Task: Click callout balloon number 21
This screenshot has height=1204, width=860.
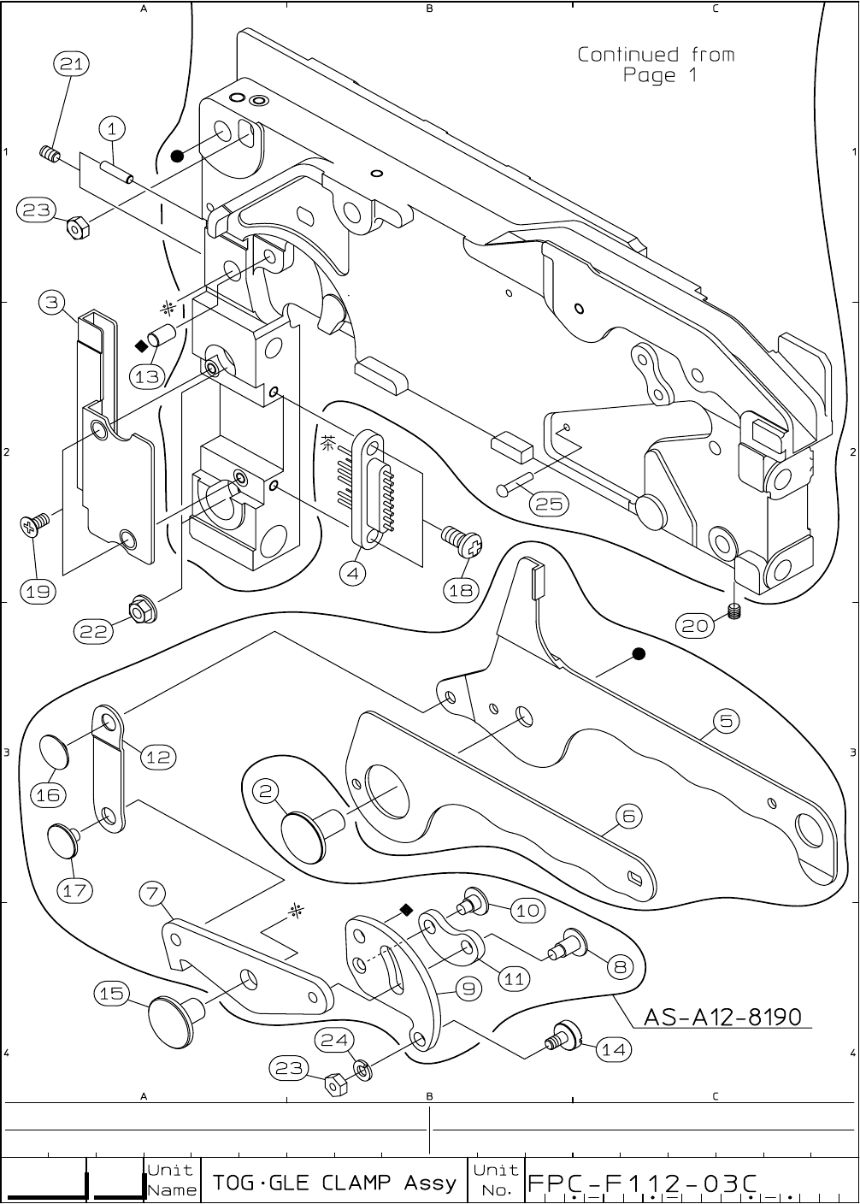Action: coord(72,64)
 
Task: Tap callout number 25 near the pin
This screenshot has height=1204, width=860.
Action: coord(550,505)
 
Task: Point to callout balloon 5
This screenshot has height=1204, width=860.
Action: coord(726,721)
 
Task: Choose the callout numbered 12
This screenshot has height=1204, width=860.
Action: coord(158,757)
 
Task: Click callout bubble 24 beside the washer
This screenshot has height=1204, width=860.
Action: coord(333,1040)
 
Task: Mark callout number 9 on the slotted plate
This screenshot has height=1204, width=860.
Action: coord(469,990)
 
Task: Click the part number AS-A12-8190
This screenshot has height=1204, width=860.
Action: coord(722,1017)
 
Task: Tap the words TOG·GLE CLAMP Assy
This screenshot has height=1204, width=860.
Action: coord(334,1183)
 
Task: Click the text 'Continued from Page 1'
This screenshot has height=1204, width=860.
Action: coord(657,65)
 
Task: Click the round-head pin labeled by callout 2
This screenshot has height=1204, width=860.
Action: coord(308,830)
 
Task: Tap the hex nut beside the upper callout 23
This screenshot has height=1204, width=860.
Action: coord(78,227)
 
